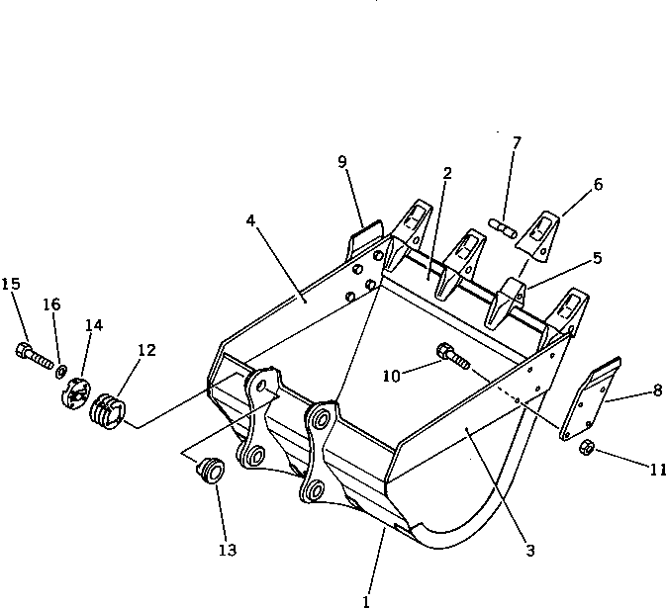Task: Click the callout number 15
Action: [x=11, y=285]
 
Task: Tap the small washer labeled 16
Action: [x=61, y=371]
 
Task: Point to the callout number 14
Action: [x=93, y=325]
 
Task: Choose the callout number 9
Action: [x=342, y=162]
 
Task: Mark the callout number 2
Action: [x=447, y=173]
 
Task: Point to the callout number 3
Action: [x=530, y=551]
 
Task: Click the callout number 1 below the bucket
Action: [x=367, y=599]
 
